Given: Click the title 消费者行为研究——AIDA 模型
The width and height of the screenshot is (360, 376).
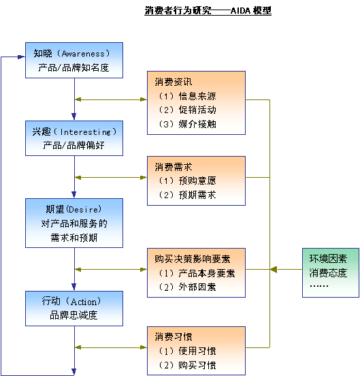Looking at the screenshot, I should [208, 11].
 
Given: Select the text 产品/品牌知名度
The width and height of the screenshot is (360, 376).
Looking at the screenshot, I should [73, 68].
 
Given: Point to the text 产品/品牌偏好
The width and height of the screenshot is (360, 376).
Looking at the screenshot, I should [73, 145].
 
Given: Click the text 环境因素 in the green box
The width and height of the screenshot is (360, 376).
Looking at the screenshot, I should [328, 259].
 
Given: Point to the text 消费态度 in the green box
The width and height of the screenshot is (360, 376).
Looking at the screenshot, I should [328, 272].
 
